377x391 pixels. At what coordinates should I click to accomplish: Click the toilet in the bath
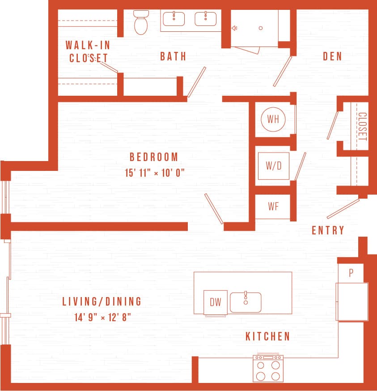click(x=141, y=23)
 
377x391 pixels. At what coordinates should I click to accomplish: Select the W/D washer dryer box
click(x=273, y=166)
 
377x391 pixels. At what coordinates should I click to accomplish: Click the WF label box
click(x=273, y=206)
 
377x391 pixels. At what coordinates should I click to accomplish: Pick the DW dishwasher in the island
click(x=216, y=302)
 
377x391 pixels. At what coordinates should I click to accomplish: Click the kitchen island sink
click(x=246, y=302)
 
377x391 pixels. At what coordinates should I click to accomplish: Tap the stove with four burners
click(x=268, y=369)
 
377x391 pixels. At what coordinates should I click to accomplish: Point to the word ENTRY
click(x=328, y=230)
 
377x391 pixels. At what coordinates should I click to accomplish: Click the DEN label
click(x=332, y=56)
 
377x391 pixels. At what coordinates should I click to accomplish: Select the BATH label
click(x=173, y=56)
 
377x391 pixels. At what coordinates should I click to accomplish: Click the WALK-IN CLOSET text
click(x=88, y=51)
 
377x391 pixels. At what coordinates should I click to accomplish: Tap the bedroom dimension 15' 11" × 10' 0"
click(x=155, y=173)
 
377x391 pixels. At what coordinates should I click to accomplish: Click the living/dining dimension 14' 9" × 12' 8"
click(x=102, y=318)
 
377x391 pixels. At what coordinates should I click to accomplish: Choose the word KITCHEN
click(x=267, y=336)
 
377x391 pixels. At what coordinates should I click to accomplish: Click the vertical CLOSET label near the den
click(x=362, y=127)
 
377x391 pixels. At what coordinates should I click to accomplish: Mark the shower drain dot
click(x=260, y=28)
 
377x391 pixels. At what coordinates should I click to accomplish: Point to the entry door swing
click(x=343, y=208)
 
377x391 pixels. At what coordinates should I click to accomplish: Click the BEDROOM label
click(x=154, y=157)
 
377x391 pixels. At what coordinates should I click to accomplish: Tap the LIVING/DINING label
click(x=102, y=302)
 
